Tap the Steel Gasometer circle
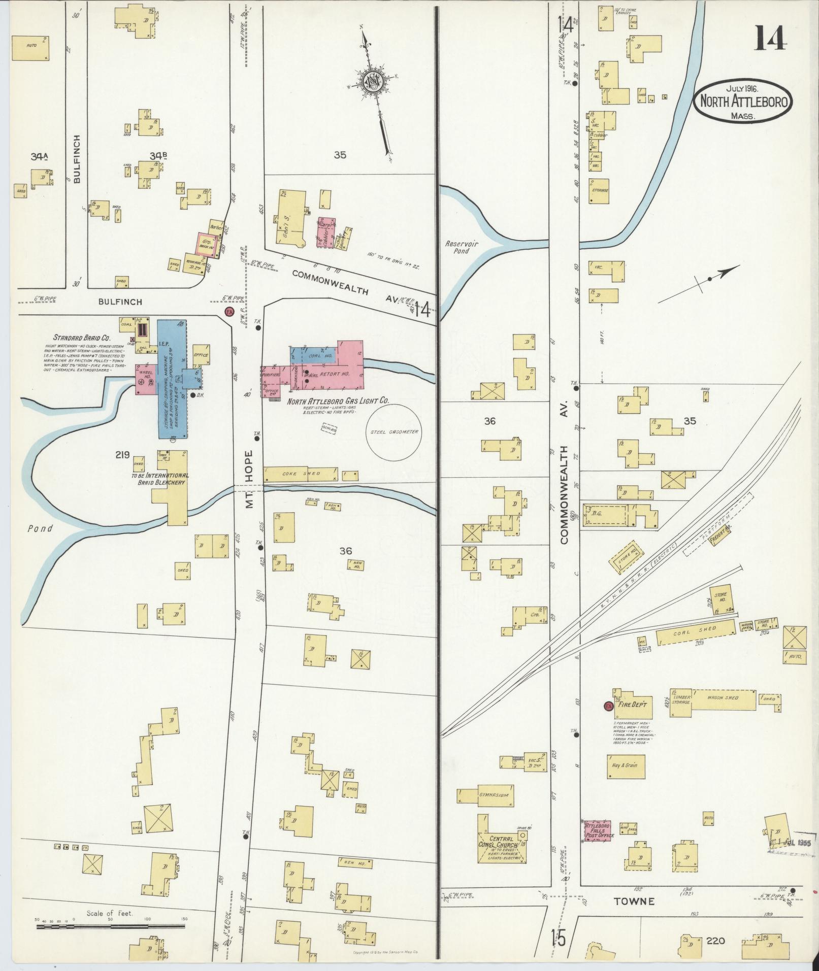tap(394, 432)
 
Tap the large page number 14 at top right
tap(770, 39)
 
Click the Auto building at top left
tap(31, 48)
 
